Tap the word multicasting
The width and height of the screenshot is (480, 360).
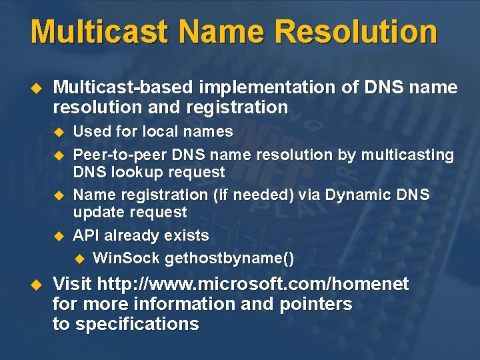coord(407,155)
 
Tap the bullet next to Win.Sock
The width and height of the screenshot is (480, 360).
coord(79,259)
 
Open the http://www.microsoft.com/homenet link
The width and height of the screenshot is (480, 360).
coord(253,285)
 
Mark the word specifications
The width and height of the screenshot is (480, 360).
coord(137,324)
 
